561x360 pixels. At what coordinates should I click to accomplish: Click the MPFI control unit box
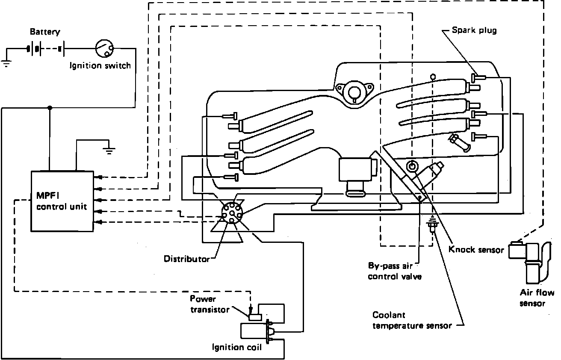(x=62, y=201)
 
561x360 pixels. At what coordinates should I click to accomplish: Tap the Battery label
(x=45, y=32)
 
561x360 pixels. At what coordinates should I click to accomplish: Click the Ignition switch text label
(x=100, y=66)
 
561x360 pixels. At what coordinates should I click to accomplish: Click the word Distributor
(x=187, y=259)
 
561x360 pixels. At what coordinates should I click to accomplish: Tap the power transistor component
(x=255, y=317)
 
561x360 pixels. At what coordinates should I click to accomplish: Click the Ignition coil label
(x=237, y=347)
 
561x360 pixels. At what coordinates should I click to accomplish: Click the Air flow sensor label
(x=536, y=298)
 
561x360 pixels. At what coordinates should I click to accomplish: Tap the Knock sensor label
(x=476, y=249)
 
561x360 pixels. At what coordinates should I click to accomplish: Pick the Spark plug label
(x=474, y=30)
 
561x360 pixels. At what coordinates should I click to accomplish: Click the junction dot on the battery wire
(x=50, y=108)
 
